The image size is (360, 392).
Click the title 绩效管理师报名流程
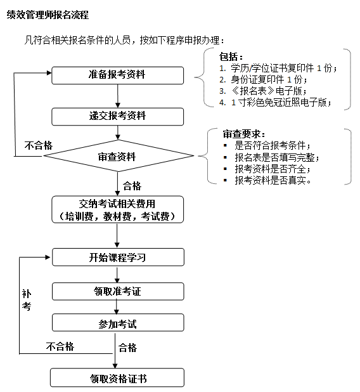pos(48,15)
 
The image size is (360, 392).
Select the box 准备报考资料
pos(117,75)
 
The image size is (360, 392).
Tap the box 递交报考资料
pos(117,116)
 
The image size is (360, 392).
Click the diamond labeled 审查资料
pos(117,157)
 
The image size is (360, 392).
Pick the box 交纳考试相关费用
pos(117,209)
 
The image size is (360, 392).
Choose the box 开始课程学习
pos(117,258)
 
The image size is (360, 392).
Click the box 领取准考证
pos(117,291)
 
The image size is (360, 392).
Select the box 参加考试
pos(117,324)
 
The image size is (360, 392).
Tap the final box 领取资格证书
pos(117,379)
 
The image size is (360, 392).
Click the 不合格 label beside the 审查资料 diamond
pos(39,145)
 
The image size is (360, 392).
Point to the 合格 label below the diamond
pos(132,186)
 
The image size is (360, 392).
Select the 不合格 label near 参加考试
pos(60,346)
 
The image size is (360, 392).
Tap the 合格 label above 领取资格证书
pos(127,348)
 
